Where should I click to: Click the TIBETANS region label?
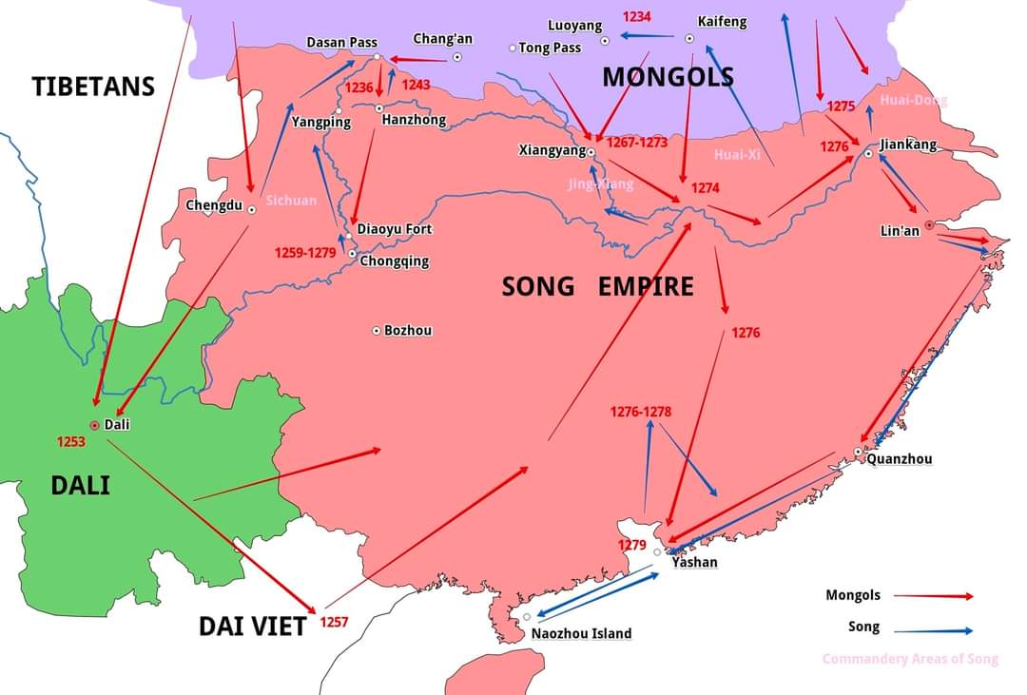click(93, 87)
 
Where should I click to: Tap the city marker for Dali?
click(94, 425)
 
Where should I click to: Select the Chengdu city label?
click(213, 205)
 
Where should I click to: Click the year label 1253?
click(71, 441)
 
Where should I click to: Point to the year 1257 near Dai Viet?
click(334, 622)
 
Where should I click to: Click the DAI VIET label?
click(252, 626)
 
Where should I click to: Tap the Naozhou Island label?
click(581, 633)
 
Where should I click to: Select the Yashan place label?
click(694, 562)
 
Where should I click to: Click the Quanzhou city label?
click(899, 459)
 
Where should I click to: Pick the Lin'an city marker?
click(928, 225)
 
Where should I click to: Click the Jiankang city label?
click(908, 145)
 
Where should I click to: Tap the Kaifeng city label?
click(722, 21)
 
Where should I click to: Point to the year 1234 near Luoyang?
click(637, 17)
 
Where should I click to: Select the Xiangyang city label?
click(552, 150)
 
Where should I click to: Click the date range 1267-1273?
click(636, 142)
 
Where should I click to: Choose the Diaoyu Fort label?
click(394, 229)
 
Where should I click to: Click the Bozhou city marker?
click(377, 330)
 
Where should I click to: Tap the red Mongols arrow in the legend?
click(933, 596)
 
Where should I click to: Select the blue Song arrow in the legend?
click(933, 630)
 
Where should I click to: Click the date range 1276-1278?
click(641, 412)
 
